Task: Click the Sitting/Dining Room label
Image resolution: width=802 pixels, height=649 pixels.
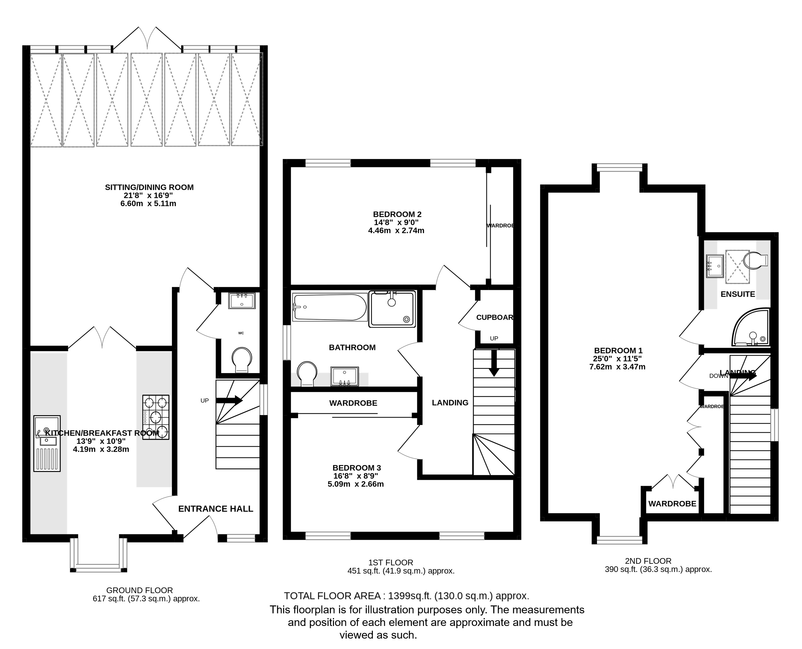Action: (149, 187)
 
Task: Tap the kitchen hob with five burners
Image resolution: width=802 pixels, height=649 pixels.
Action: (156, 417)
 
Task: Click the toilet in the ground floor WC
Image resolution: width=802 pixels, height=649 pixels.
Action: (241, 360)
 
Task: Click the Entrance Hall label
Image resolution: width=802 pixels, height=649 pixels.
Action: (215, 509)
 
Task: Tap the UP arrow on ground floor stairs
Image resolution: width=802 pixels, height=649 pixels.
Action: (229, 400)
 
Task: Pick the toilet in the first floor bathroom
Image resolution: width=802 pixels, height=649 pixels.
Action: (307, 373)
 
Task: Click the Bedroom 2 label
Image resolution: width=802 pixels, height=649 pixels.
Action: (397, 214)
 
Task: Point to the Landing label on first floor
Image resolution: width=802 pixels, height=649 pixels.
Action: (450, 403)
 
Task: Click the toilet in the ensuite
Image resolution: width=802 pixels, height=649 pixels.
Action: (755, 260)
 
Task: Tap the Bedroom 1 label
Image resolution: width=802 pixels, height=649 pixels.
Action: (618, 351)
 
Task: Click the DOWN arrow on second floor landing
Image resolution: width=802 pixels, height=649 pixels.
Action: (743, 376)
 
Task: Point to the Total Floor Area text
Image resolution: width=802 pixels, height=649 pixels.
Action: (407, 596)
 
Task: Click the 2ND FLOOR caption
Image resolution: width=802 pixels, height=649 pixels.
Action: (648, 561)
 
